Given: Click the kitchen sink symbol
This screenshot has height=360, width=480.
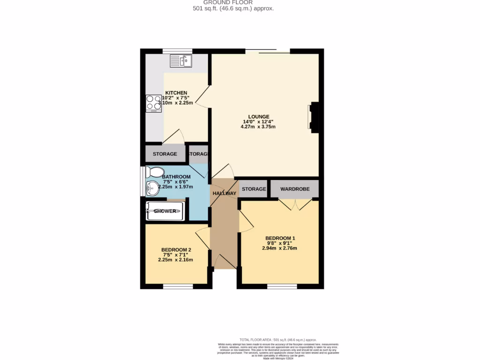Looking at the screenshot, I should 180,61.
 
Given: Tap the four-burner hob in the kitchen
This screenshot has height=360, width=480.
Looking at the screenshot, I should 153,104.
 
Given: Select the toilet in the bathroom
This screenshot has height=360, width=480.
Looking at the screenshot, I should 154,172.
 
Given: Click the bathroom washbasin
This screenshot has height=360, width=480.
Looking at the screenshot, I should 153,188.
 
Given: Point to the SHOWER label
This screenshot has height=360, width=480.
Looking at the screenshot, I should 165,211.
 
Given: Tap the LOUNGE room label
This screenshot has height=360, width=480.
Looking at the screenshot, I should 259,117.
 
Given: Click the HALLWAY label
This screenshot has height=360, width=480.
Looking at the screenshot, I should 225,193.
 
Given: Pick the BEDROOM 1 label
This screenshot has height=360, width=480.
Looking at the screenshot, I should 280,238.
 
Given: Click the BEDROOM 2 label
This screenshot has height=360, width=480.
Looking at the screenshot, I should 176,249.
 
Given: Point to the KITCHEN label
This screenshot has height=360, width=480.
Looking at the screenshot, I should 176,93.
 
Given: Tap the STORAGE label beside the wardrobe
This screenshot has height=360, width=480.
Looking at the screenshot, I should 254,189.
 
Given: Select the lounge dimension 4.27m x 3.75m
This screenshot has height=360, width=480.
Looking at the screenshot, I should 258,127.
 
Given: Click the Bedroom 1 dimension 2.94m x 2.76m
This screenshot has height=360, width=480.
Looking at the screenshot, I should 280,248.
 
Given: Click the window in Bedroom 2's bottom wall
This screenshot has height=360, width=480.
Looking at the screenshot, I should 178,286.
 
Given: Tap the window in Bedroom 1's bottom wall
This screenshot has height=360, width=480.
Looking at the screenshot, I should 282,286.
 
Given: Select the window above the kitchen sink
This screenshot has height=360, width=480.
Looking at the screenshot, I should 178,51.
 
